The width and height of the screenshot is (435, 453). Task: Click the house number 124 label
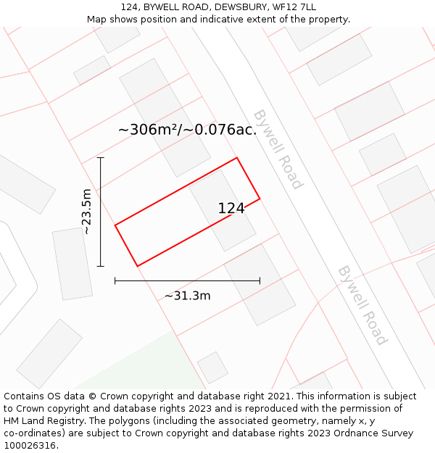[x=231, y=209]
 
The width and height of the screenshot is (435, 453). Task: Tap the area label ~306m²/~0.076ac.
[x=187, y=130]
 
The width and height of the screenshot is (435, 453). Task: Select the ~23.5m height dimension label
[x=87, y=211]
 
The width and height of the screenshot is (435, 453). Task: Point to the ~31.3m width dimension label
[x=187, y=296]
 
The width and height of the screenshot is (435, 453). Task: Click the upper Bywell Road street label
[x=277, y=149]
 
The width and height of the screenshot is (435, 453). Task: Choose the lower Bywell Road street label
[x=362, y=305]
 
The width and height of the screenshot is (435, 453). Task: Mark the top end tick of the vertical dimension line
[x=101, y=157]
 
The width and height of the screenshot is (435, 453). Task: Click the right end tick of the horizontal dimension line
[x=260, y=280]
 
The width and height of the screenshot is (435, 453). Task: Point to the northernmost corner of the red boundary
[x=237, y=157]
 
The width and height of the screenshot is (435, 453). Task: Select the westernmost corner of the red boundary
[x=115, y=225]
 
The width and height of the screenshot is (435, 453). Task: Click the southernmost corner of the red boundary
[x=137, y=266]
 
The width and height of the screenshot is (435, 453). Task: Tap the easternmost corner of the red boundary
[x=260, y=198]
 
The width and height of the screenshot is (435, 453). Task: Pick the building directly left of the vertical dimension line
[x=72, y=263]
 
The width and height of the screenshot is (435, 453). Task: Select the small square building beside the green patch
[x=212, y=367]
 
